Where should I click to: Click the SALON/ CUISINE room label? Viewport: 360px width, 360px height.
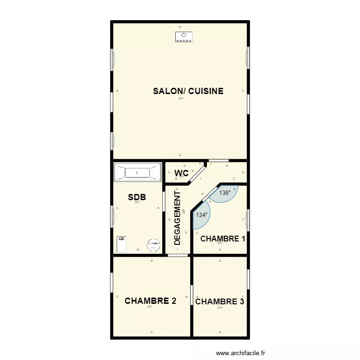coord(188,91)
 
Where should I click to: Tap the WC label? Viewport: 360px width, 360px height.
coord(181,173)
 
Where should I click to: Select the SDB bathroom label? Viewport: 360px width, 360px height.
coord(137,197)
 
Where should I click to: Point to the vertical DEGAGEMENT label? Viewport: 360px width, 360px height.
coord(178,218)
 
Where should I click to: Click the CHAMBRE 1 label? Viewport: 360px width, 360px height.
coord(223,239)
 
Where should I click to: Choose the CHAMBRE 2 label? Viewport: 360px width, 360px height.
coord(150,301)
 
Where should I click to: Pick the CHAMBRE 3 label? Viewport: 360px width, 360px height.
coord(219,301)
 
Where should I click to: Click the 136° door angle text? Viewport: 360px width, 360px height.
coord(225,193)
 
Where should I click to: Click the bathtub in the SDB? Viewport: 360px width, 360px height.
coord(137,172)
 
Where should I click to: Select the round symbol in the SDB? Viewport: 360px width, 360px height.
coord(153,245)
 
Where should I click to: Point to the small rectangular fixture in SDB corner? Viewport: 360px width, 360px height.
coord(121,243)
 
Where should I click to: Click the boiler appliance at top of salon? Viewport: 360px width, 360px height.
coord(183,37)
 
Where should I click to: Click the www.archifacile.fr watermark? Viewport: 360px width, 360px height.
coord(240,353)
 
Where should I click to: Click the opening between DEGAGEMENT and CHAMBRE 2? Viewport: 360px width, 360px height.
coord(178,255)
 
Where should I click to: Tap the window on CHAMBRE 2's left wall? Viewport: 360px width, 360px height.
coord(112,287)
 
